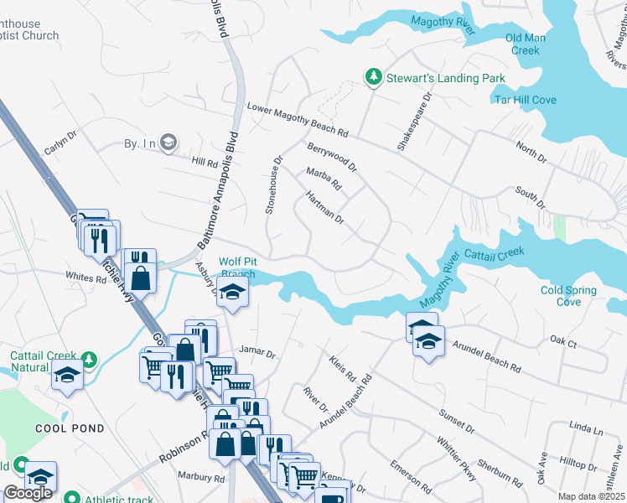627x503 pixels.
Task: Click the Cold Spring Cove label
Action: (x=568, y=296)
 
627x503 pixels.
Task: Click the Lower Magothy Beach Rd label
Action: (x=297, y=119)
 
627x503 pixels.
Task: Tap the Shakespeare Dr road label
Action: (x=415, y=122)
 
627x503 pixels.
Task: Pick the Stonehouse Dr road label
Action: (x=274, y=184)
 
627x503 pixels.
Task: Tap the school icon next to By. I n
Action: (x=168, y=143)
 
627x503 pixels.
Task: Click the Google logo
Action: (x=28, y=493)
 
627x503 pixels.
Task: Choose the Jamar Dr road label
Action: (x=256, y=352)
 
